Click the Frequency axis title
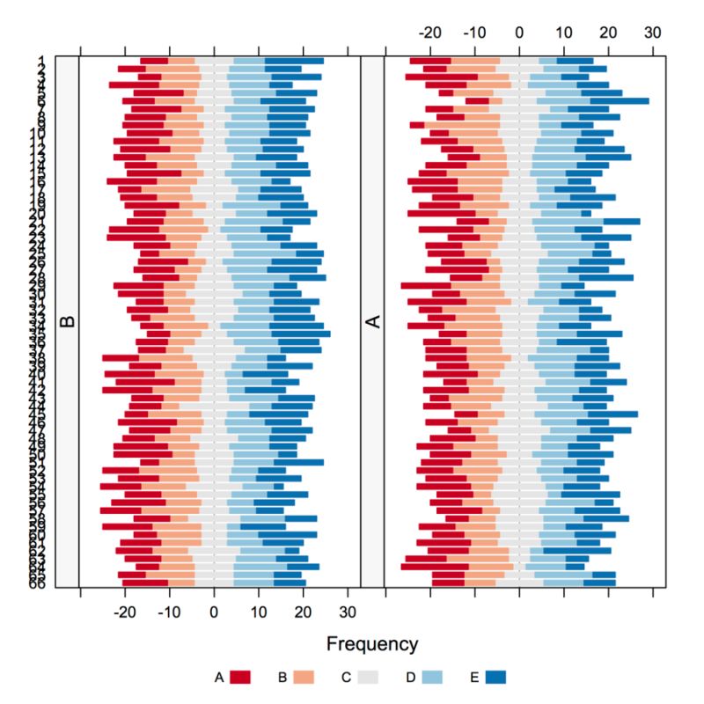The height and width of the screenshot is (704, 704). pyautogui.click(x=372, y=643)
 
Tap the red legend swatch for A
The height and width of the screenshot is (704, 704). pyautogui.click(x=240, y=677)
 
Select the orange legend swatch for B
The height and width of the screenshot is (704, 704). pyautogui.click(x=304, y=677)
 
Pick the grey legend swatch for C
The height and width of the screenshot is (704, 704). pyautogui.click(x=369, y=677)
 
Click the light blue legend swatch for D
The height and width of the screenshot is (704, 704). pyautogui.click(x=432, y=677)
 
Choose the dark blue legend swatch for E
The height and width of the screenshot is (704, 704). pyautogui.click(x=495, y=677)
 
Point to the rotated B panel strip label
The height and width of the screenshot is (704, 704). pyautogui.click(x=68, y=322)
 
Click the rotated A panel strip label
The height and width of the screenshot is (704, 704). pyautogui.click(x=373, y=322)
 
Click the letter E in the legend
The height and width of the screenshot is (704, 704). pyautogui.click(x=473, y=677)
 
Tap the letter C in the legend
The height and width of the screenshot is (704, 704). pyautogui.click(x=347, y=677)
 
